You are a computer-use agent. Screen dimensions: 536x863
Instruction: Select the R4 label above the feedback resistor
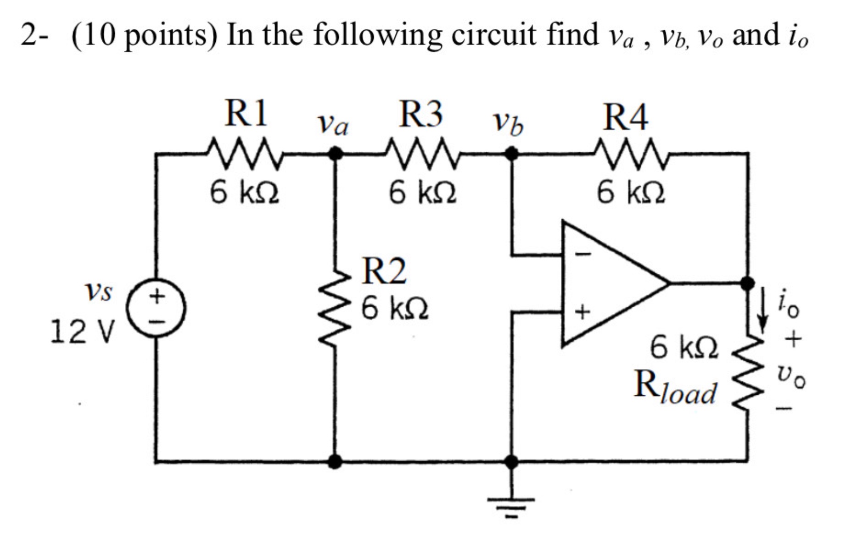coord(625,117)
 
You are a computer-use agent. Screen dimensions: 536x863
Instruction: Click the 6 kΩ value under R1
coord(244,192)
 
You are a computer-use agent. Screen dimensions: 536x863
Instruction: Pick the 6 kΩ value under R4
coord(631,192)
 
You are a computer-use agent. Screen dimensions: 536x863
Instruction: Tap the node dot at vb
coord(511,154)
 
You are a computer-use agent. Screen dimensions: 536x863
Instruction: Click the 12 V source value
coord(82,332)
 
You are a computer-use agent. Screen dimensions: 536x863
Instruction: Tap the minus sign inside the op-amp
coord(583,254)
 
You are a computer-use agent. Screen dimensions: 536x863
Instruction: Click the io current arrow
coord(762,310)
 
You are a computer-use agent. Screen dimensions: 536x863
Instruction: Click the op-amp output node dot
coord(748,283)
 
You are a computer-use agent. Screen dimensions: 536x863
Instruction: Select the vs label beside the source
coord(98,292)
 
